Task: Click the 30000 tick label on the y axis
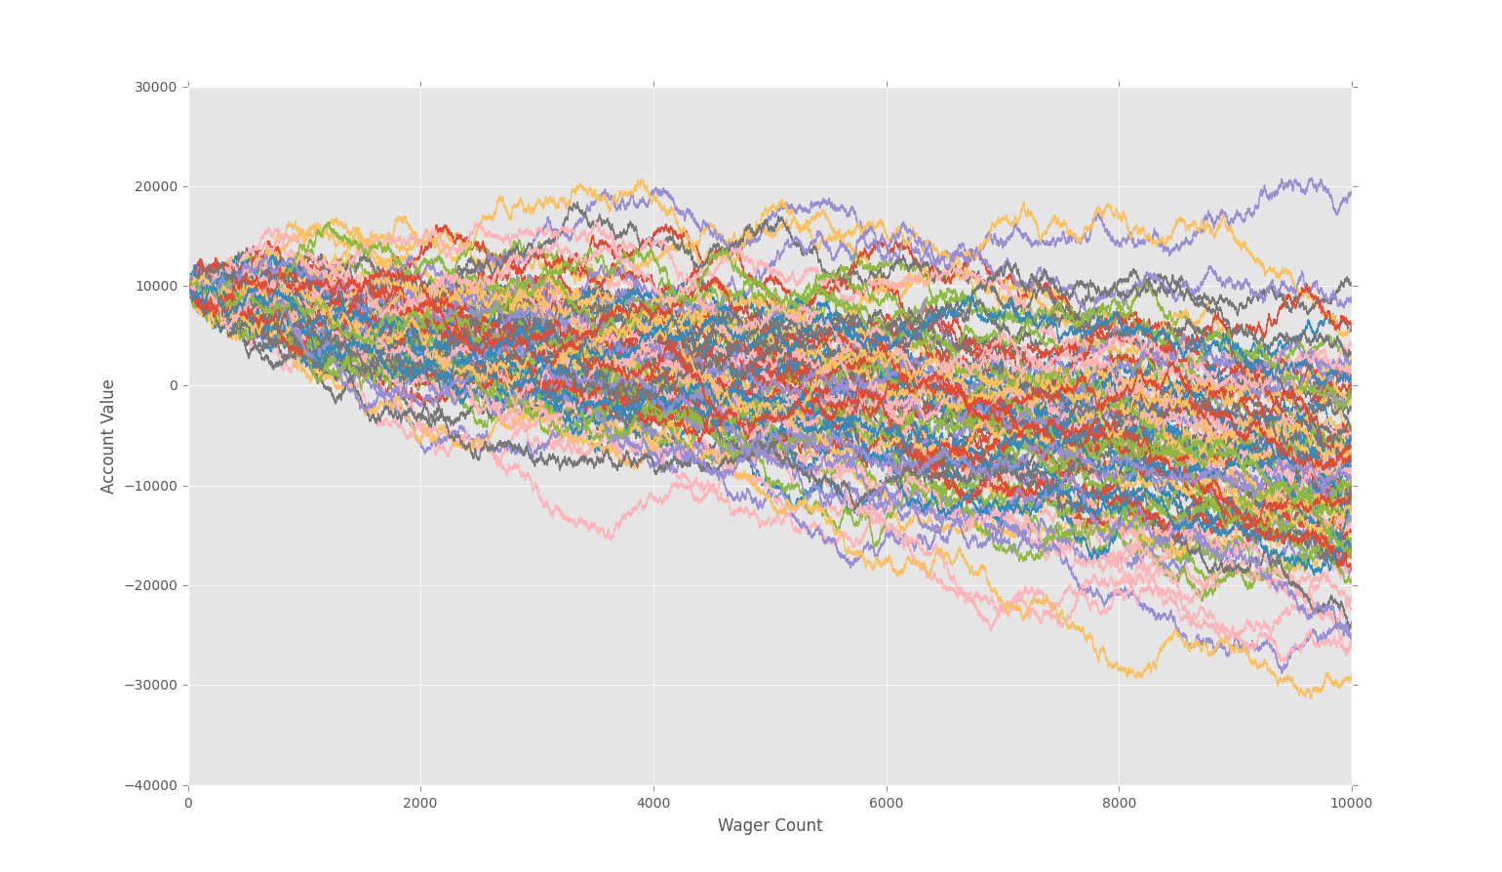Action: pos(155,87)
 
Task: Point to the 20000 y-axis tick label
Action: pos(155,186)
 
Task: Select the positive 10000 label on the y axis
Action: pos(155,286)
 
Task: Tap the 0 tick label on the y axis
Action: pos(174,385)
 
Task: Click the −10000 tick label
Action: pos(151,486)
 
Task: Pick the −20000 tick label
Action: pos(151,585)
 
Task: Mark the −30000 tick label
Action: pos(151,685)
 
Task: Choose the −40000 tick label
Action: pos(151,785)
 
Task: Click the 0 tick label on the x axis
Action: pos(188,803)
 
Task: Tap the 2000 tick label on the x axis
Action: pos(420,803)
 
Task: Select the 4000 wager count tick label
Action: pos(653,803)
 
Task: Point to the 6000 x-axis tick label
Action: pos(887,803)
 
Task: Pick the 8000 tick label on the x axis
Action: pos(1119,803)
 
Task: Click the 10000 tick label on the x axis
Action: pos(1352,803)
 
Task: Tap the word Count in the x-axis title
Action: pos(801,826)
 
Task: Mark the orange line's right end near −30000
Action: pos(1350,679)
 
